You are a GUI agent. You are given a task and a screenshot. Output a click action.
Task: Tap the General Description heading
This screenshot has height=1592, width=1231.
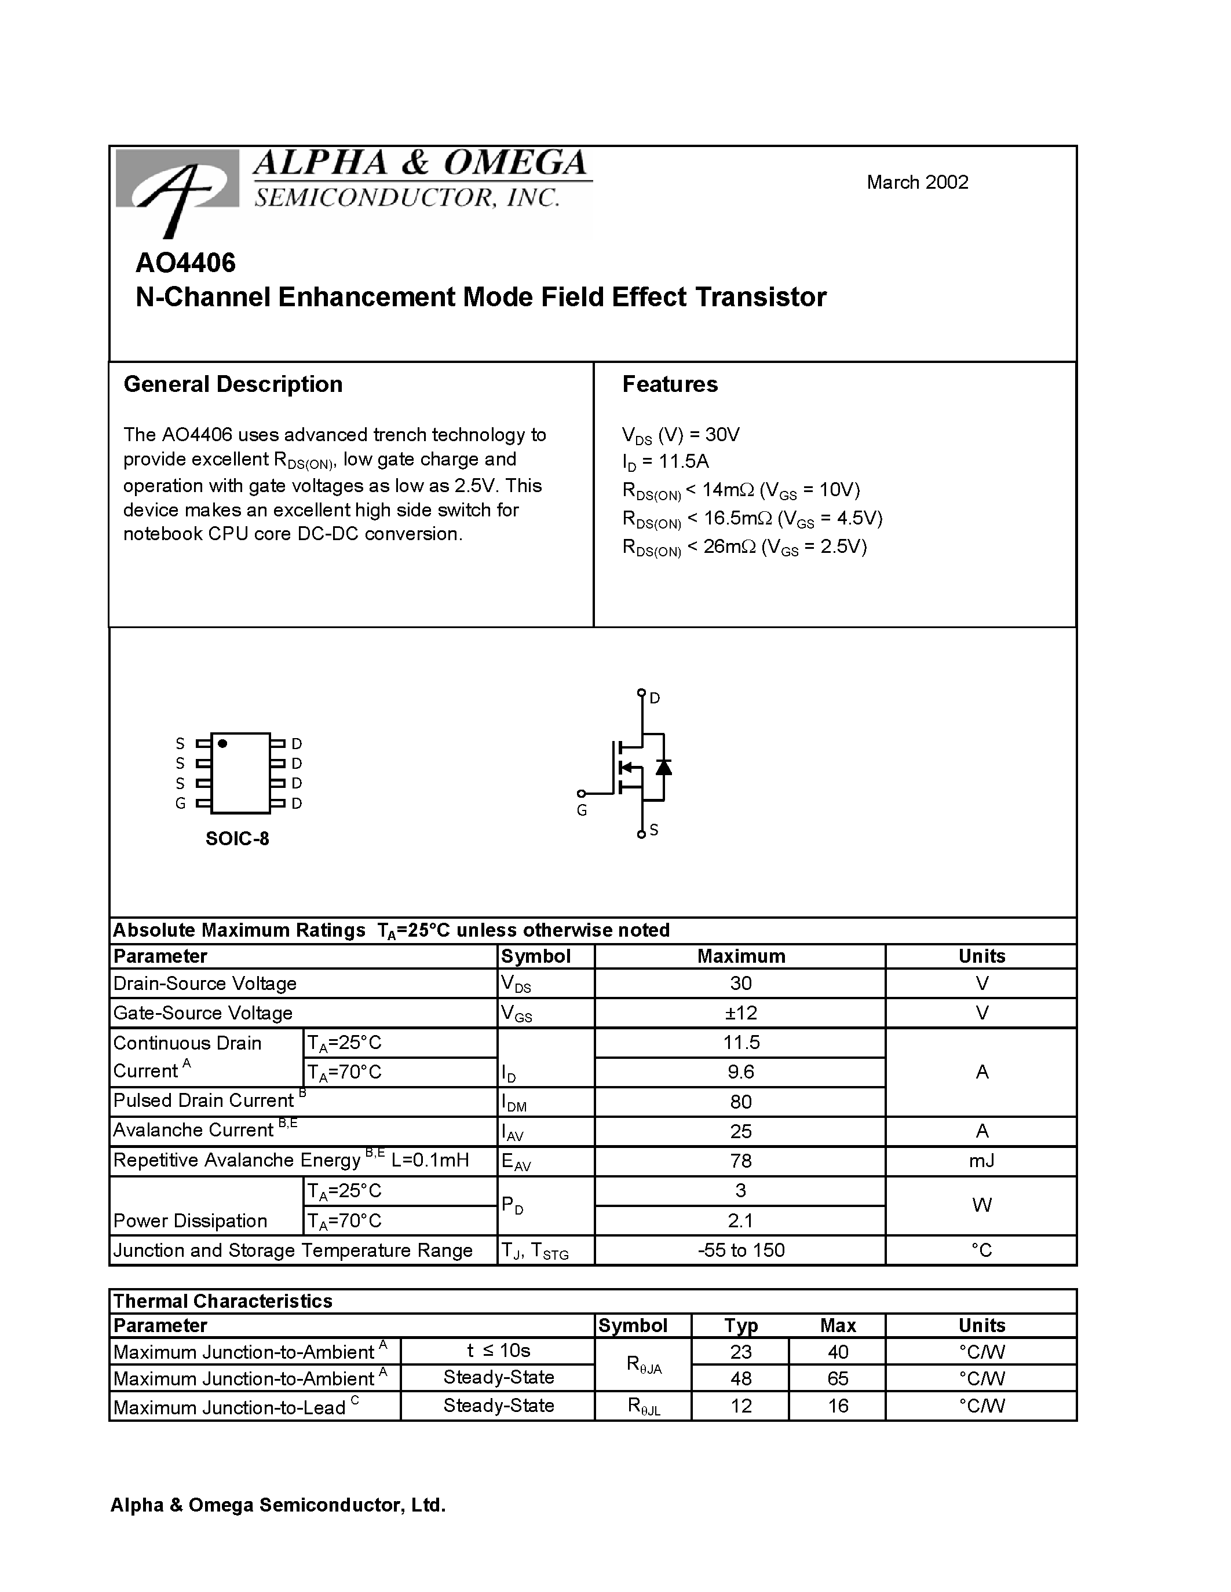pyautogui.click(x=233, y=384)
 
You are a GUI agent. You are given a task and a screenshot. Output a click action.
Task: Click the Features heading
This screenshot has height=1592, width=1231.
pyautogui.click(x=670, y=384)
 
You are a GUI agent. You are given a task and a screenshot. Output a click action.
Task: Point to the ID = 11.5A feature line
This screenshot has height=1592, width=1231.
pyautogui.click(x=665, y=461)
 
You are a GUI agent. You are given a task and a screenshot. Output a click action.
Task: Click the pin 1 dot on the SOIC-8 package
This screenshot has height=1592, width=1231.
pyautogui.click(x=222, y=743)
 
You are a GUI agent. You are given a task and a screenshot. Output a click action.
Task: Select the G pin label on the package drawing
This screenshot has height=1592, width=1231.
pyautogui.click(x=180, y=804)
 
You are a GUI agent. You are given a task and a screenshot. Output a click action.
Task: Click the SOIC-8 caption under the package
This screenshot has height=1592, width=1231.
pyautogui.click(x=237, y=838)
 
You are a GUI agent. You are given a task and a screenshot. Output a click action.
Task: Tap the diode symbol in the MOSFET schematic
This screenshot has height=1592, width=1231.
pyautogui.click(x=663, y=767)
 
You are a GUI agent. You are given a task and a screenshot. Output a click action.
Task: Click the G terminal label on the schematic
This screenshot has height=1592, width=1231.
pyautogui.click(x=581, y=810)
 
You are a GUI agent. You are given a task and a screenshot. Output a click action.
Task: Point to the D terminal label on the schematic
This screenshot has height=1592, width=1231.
pyautogui.click(x=655, y=698)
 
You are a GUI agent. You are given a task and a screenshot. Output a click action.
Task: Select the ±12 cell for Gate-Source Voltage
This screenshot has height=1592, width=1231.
pyautogui.click(x=740, y=1013)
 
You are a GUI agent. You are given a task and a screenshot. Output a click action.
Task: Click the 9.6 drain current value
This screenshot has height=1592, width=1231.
pyautogui.click(x=740, y=1072)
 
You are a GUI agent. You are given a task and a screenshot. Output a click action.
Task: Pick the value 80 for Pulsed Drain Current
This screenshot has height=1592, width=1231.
pyautogui.click(x=740, y=1102)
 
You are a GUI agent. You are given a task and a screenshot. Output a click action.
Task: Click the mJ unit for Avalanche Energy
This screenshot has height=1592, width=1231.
pyautogui.click(x=981, y=1161)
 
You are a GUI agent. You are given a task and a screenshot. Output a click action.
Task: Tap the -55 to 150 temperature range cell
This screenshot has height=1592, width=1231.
pyautogui.click(x=740, y=1250)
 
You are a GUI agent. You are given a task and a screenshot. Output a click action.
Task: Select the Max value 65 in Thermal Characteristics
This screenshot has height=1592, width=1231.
pyautogui.click(x=837, y=1378)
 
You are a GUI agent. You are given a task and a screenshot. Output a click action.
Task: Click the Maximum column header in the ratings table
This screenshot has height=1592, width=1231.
pyautogui.click(x=740, y=956)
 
